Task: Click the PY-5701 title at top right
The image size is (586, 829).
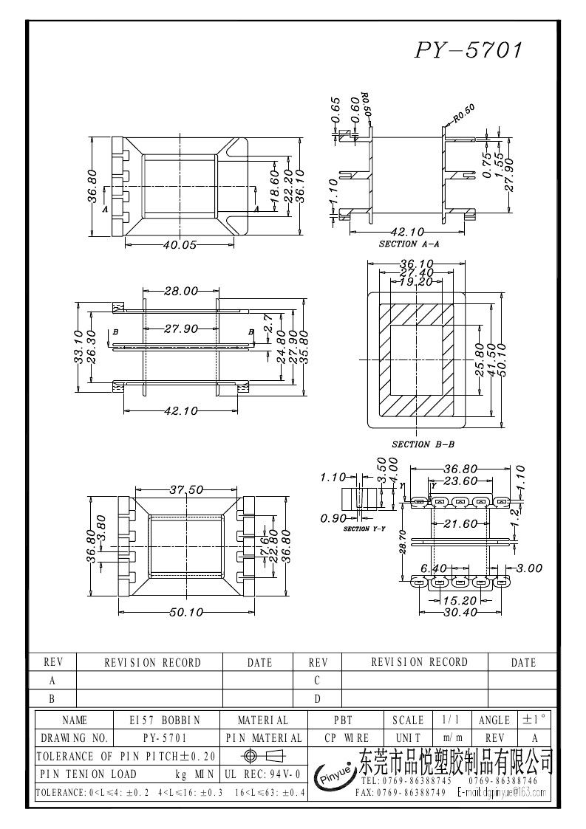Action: coord(469,50)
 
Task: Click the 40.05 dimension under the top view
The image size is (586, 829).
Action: coord(180,245)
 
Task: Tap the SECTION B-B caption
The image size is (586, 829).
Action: coord(423,444)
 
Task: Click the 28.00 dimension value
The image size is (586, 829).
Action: coord(180,292)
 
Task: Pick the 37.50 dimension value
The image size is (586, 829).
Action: coord(186,489)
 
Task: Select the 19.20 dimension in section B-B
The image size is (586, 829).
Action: coord(416,282)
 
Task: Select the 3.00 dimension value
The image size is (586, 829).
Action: coord(528,568)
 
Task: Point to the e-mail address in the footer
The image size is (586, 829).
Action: coord(502,793)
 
